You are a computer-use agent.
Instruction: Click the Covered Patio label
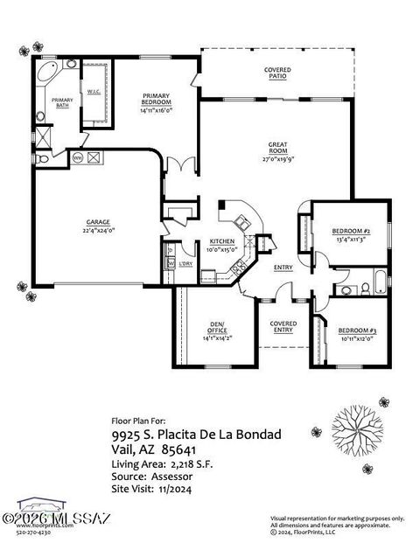[277, 73]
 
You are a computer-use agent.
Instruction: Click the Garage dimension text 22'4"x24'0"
[97, 231]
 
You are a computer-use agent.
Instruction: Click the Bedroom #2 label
[350, 231]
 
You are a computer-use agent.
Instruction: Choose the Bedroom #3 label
[356, 330]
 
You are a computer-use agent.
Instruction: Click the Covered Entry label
[283, 327]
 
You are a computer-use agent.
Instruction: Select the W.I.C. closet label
[94, 91]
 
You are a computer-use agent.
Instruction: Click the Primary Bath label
[62, 102]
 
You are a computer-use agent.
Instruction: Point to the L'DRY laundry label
[186, 263]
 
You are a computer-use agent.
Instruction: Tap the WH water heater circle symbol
[76, 159]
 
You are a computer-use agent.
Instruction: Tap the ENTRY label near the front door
[283, 268]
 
